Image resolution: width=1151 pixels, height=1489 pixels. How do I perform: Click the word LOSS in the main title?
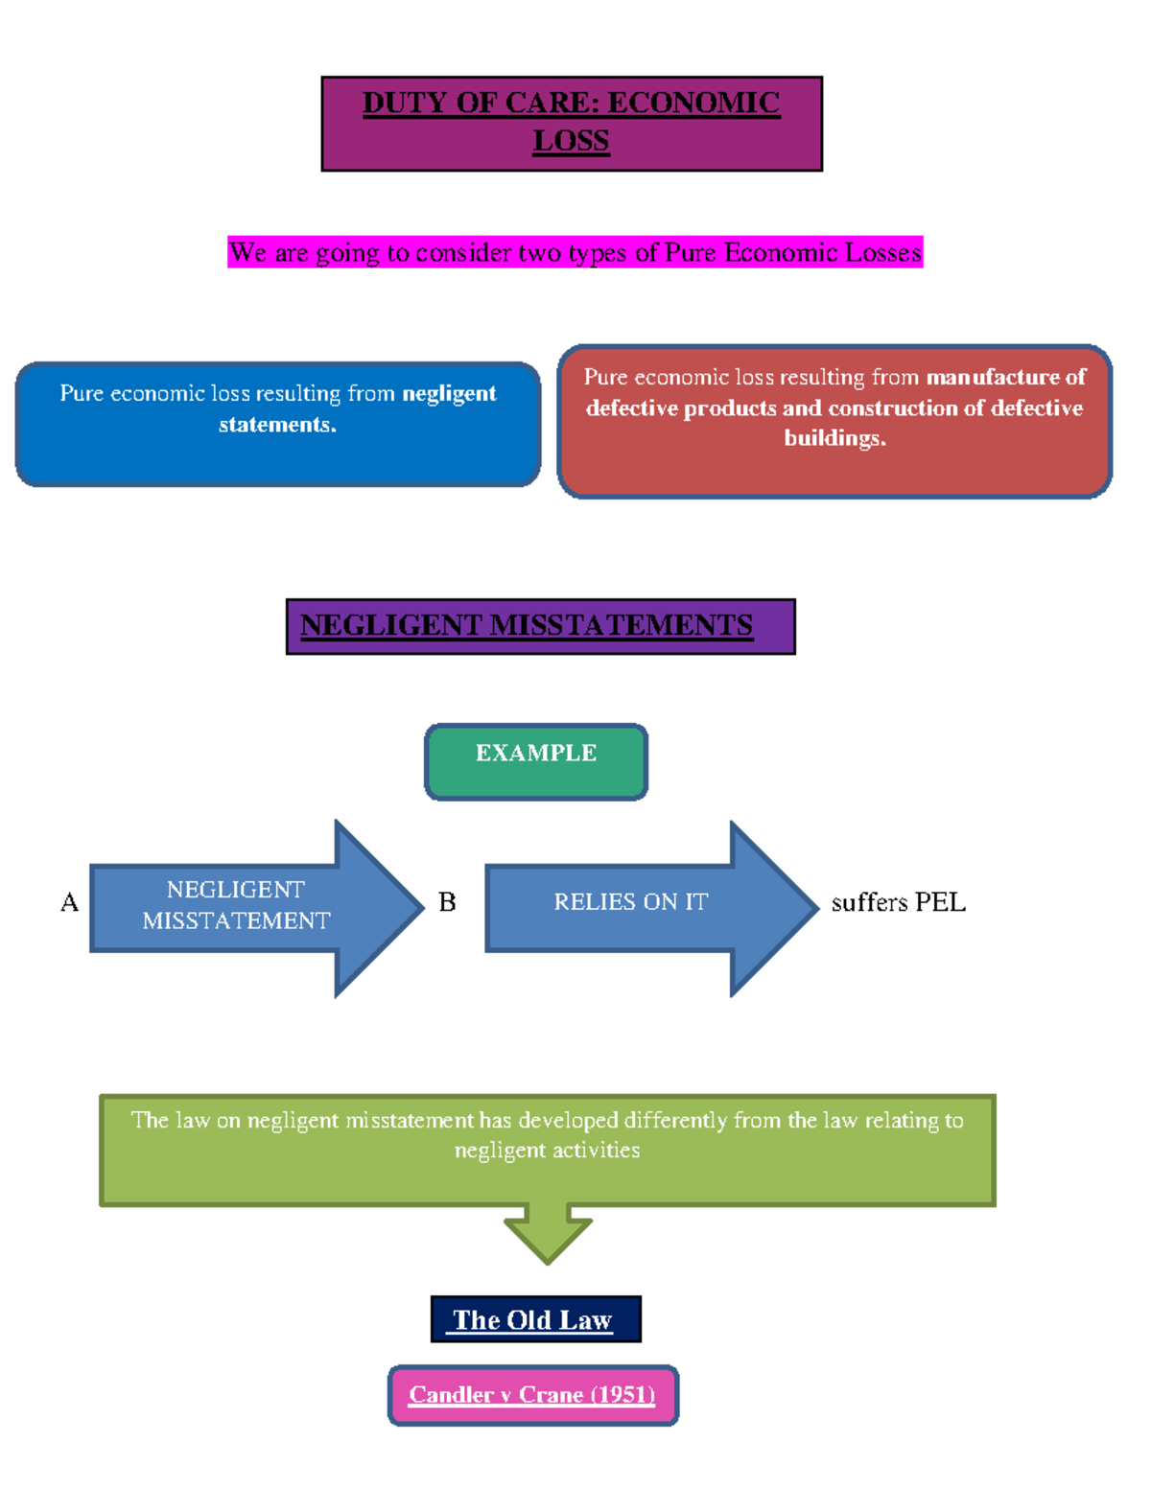571,141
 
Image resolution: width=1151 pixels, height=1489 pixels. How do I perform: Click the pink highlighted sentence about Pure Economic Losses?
575,252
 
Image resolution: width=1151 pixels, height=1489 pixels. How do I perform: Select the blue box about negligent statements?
278,424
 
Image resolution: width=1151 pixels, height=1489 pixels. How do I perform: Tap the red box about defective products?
834,421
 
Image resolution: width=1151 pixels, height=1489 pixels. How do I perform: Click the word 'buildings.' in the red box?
834,438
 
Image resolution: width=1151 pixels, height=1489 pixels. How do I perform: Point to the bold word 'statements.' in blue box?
277,425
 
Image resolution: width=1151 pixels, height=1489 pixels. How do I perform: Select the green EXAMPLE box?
536,761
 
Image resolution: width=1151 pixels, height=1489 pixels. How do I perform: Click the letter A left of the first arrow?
69,903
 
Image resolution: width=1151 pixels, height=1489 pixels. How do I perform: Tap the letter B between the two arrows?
447,903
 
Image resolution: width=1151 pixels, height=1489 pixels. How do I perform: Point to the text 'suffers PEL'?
898,903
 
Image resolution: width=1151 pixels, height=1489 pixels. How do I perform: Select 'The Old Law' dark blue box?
535,1319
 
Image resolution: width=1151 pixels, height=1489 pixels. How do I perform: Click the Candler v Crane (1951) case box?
533,1395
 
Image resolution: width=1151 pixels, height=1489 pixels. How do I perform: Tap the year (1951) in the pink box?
622,1395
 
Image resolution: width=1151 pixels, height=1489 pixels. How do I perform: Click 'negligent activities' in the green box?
547,1151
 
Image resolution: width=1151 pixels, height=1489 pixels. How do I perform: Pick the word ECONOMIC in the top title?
693,103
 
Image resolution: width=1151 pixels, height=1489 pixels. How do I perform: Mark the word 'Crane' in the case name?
551,1395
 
